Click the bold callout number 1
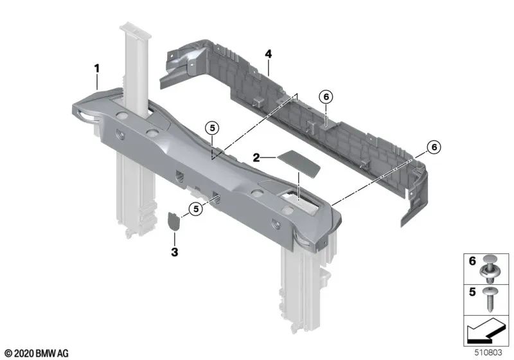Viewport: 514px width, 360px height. [x=97, y=69]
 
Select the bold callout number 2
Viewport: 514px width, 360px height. [x=256, y=157]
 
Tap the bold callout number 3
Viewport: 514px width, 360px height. [x=174, y=252]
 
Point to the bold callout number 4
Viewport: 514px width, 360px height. [x=269, y=54]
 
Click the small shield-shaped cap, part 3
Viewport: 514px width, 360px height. [x=173, y=221]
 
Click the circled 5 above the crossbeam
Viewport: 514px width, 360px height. [x=213, y=128]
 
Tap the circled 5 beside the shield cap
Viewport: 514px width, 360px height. [x=196, y=208]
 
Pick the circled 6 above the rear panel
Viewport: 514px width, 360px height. [x=326, y=96]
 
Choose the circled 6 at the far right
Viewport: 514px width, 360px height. [x=434, y=147]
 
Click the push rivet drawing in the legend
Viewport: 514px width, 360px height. [x=490, y=269]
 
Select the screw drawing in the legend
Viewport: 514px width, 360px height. [x=490, y=300]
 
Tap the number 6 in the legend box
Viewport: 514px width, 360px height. [x=472, y=261]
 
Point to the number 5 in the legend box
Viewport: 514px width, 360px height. [x=472, y=292]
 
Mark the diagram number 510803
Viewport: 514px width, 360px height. [x=488, y=352]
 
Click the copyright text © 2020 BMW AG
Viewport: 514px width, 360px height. [x=37, y=354]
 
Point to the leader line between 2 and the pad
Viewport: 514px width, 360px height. [x=269, y=158]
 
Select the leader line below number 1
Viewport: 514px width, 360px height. [x=97, y=83]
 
